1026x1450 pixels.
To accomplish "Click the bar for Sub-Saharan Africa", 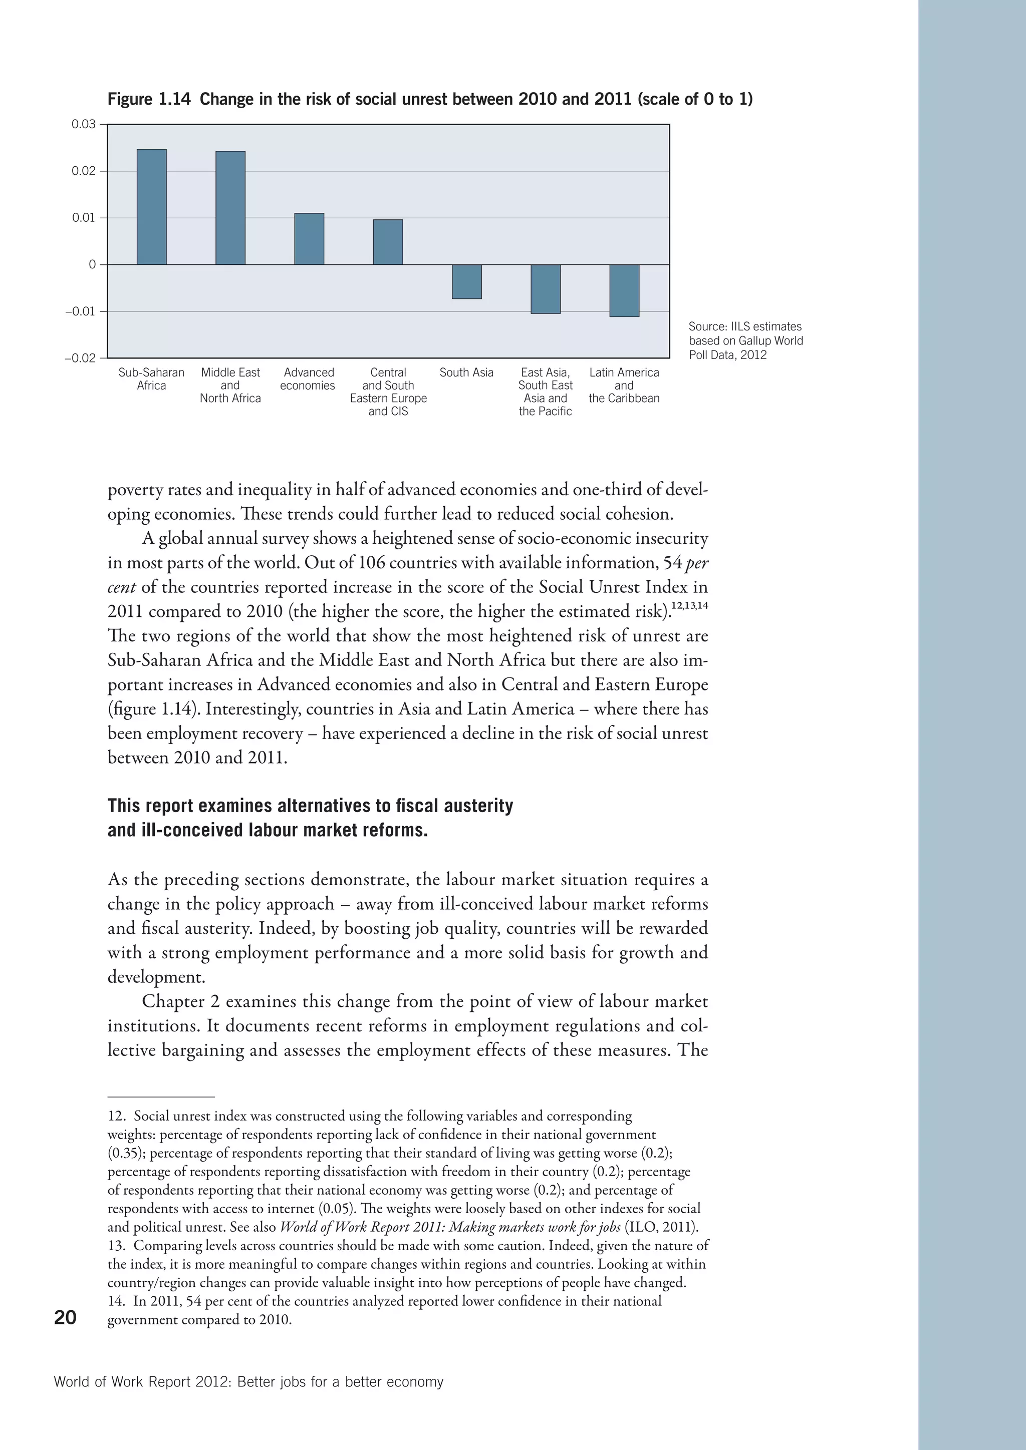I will click(152, 207).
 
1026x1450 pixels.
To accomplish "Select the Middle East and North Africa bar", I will click(230, 208).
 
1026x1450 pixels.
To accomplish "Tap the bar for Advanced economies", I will click(309, 239).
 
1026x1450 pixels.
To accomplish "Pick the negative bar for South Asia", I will click(466, 282).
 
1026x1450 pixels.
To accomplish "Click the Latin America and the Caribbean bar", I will click(624, 290).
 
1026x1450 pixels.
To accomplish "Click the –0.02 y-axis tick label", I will click(80, 358).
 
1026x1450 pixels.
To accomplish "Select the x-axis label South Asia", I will click(466, 373).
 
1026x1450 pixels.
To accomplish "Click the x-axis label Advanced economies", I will click(308, 379).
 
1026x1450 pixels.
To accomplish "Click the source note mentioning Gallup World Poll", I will click(745, 340).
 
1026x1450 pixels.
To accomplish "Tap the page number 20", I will click(65, 1317).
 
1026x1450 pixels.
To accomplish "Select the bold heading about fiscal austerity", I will click(310, 817).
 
